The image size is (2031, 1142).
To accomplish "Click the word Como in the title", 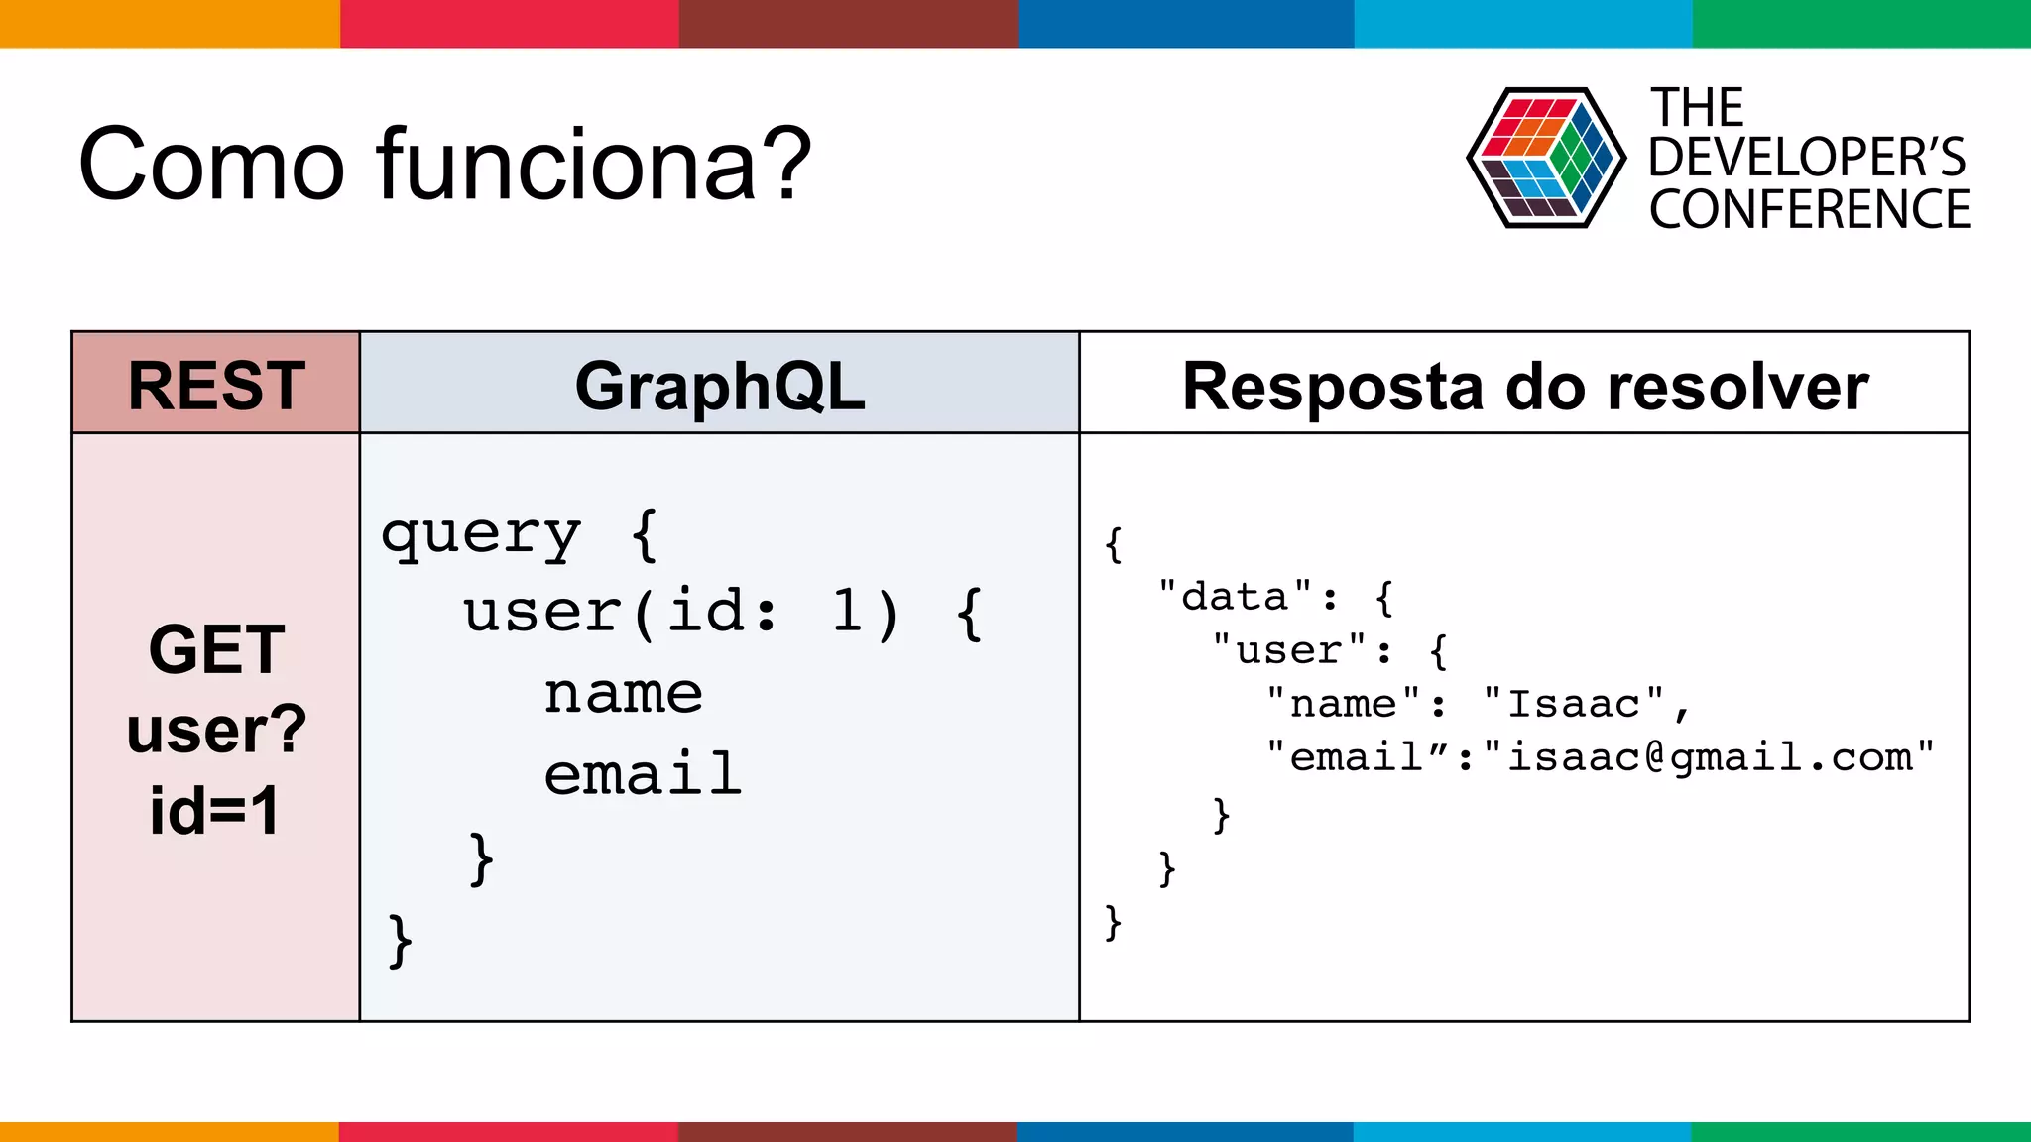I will [x=211, y=164].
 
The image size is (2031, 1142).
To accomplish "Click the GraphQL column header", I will [x=720, y=386].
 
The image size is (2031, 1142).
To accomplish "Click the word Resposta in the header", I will [x=1335, y=388].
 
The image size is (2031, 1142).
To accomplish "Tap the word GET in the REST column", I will [x=216, y=649].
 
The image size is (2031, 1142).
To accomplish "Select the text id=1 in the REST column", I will [x=215, y=811].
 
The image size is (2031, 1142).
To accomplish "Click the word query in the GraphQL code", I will [x=481, y=535].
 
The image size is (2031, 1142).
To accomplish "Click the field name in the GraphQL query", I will [x=624, y=693].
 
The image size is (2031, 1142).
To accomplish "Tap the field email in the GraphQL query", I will [x=643, y=774].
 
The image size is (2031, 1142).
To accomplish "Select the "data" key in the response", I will [x=1235, y=597].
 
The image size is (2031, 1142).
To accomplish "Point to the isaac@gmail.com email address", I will [x=1710, y=757].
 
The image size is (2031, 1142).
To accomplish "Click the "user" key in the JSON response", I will [x=1289, y=650].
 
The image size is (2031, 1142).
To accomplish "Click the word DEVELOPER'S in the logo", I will [x=1807, y=158].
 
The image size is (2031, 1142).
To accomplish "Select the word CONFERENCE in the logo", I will [x=1810, y=210].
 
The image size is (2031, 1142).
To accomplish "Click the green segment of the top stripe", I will [x=1861, y=23].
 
